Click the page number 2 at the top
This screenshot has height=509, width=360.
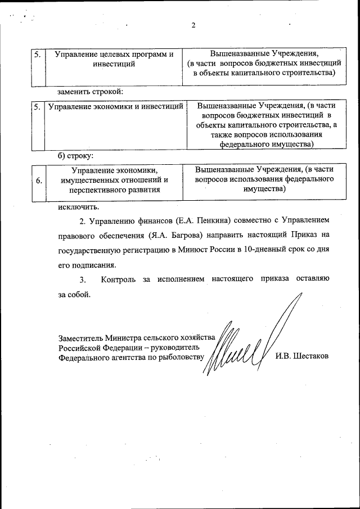193,25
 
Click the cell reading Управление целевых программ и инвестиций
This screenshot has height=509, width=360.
113,59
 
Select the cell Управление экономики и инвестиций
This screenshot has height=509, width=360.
116,105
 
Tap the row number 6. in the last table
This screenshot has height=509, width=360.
38,181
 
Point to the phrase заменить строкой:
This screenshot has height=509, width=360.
90,91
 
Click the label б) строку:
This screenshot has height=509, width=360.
76,155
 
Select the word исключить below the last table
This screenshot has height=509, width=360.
76,206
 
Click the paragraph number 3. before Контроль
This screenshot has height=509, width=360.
82,279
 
